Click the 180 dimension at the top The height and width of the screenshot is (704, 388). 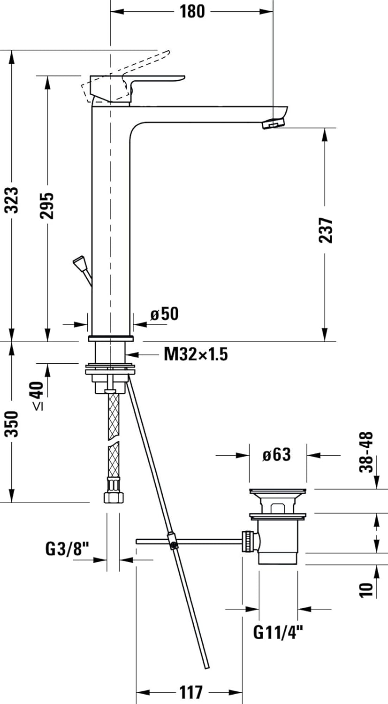coord(192,11)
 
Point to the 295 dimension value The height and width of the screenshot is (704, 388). coord(47,205)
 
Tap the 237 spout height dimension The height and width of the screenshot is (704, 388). coord(325,230)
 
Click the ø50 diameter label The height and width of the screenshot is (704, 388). coord(164,314)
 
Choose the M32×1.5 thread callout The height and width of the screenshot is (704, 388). coord(196,354)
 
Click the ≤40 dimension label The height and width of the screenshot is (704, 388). coord(38,396)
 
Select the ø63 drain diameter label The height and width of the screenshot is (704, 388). coord(276,454)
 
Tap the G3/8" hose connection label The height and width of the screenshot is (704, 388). coord(67,548)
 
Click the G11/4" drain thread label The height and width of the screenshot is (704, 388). coord(278,632)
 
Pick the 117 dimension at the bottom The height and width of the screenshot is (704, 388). coord(190,692)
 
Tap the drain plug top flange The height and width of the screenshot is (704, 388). coord(278,492)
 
